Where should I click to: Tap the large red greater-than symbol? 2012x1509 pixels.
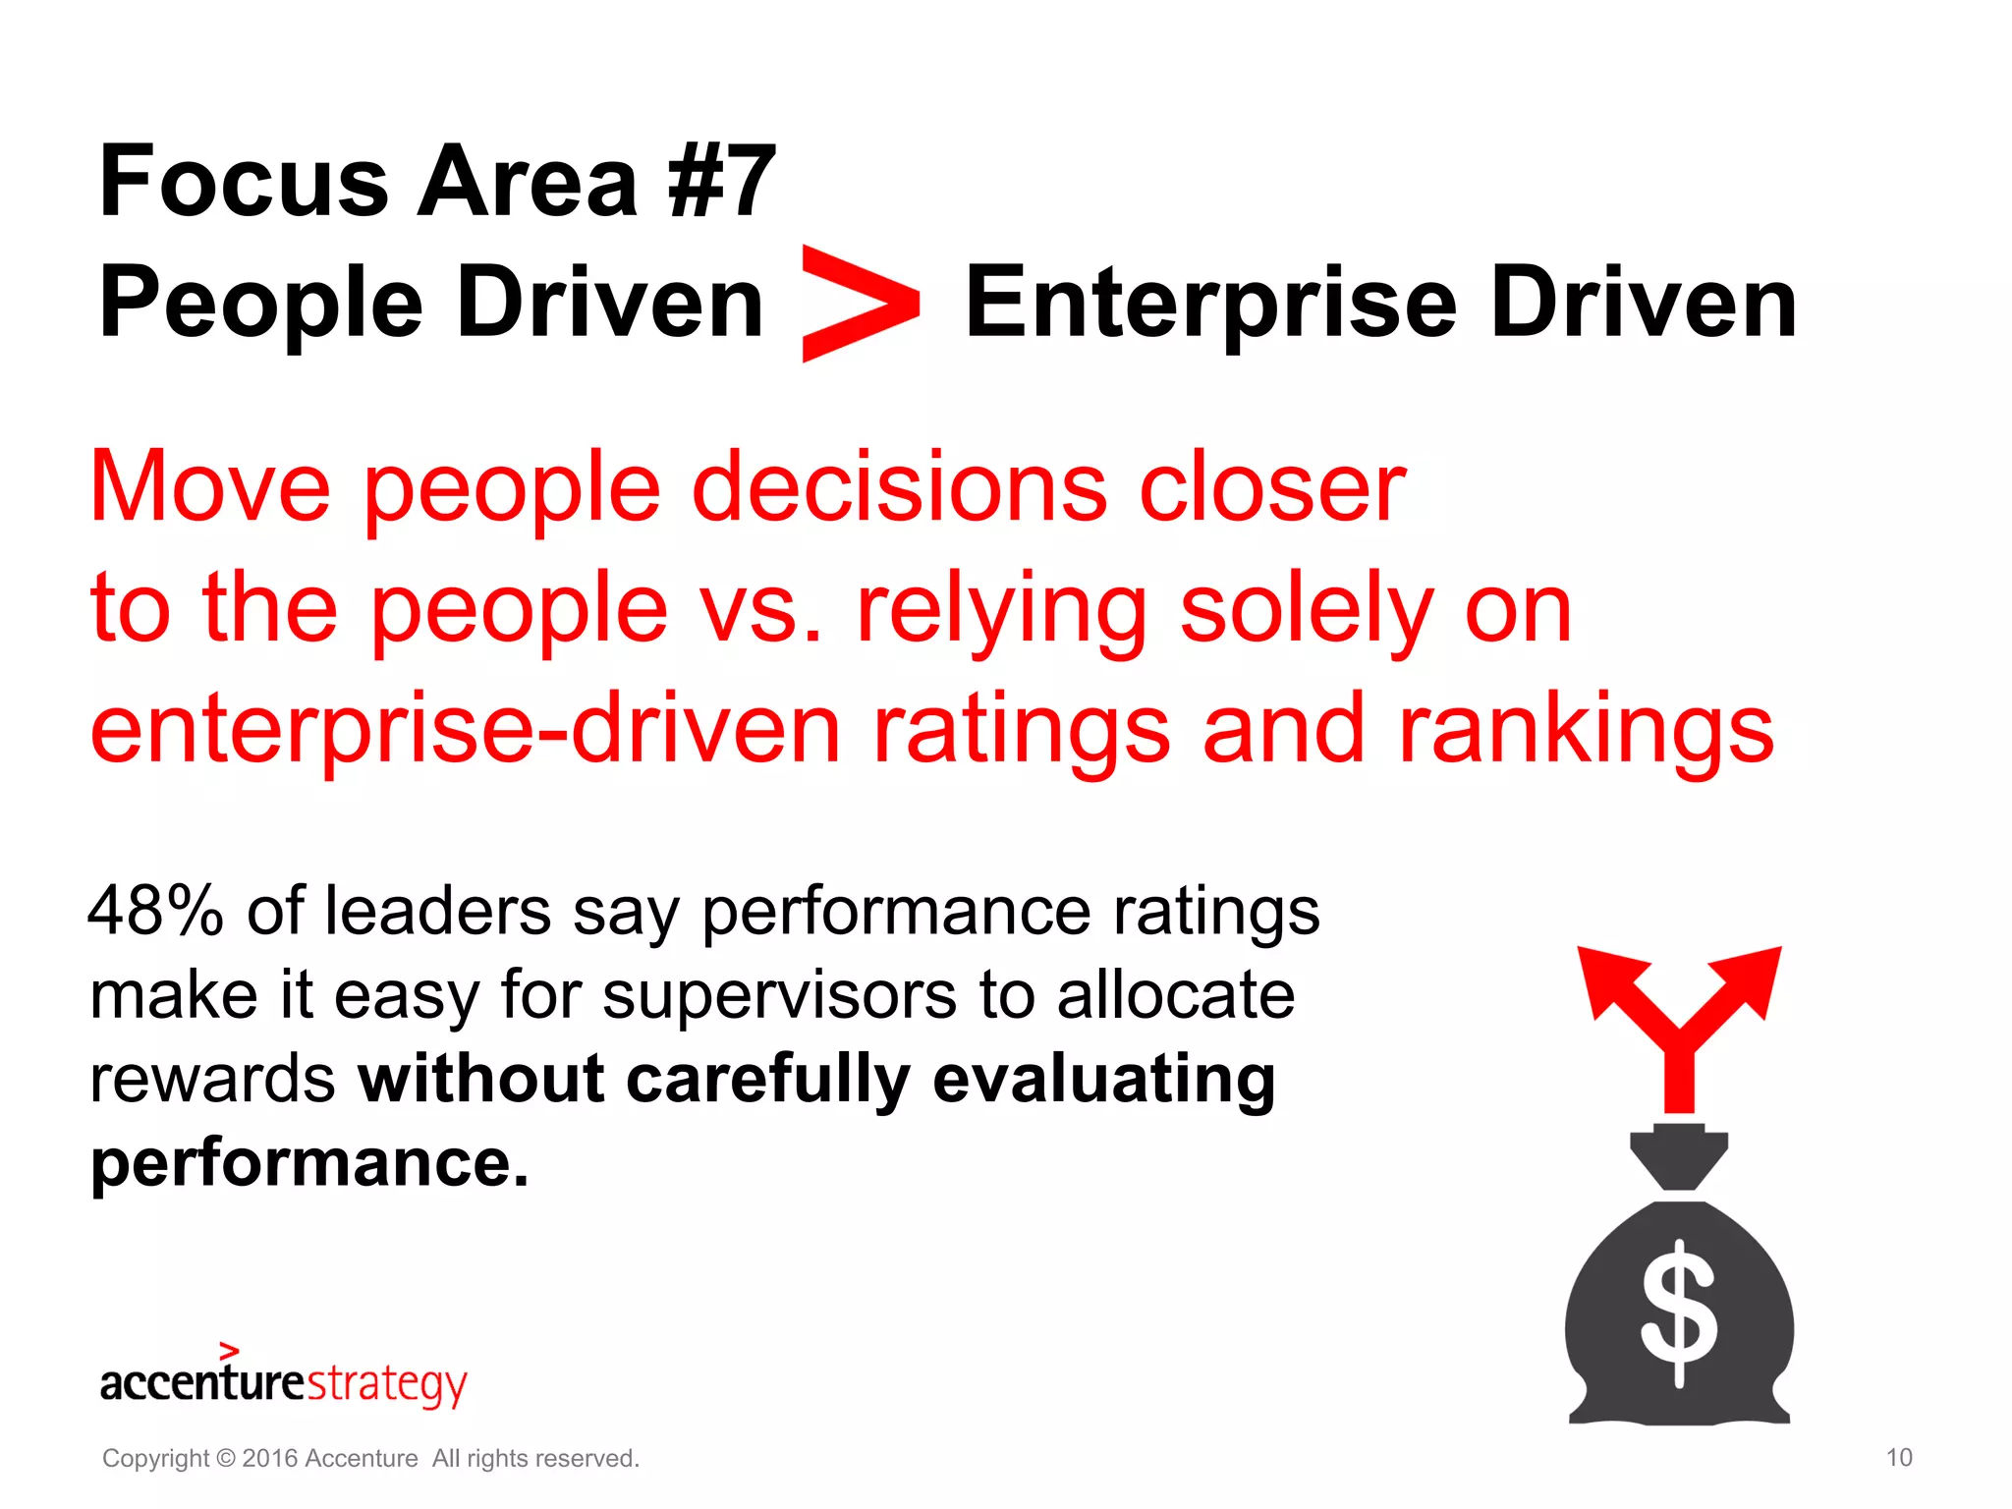click(x=859, y=304)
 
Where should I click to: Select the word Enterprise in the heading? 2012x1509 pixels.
click(x=1210, y=304)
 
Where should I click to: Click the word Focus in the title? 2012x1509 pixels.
click(x=244, y=182)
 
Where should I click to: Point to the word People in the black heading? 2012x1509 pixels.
click(x=260, y=304)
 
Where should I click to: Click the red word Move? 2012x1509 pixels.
click(x=210, y=486)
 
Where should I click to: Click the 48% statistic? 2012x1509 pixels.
click(x=155, y=911)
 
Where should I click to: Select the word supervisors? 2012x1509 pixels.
click(x=779, y=995)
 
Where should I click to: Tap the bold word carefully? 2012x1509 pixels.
click(x=767, y=1080)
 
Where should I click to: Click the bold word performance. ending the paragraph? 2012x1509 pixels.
click(x=309, y=1163)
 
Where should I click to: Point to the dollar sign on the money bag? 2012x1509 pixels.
click(x=1679, y=1313)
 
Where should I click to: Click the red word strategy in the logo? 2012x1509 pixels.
click(x=387, y=1383)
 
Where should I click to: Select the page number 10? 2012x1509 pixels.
click(x=1899, y=1458)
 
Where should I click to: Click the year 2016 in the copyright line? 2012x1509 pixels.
click(x=270, y=1459)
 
